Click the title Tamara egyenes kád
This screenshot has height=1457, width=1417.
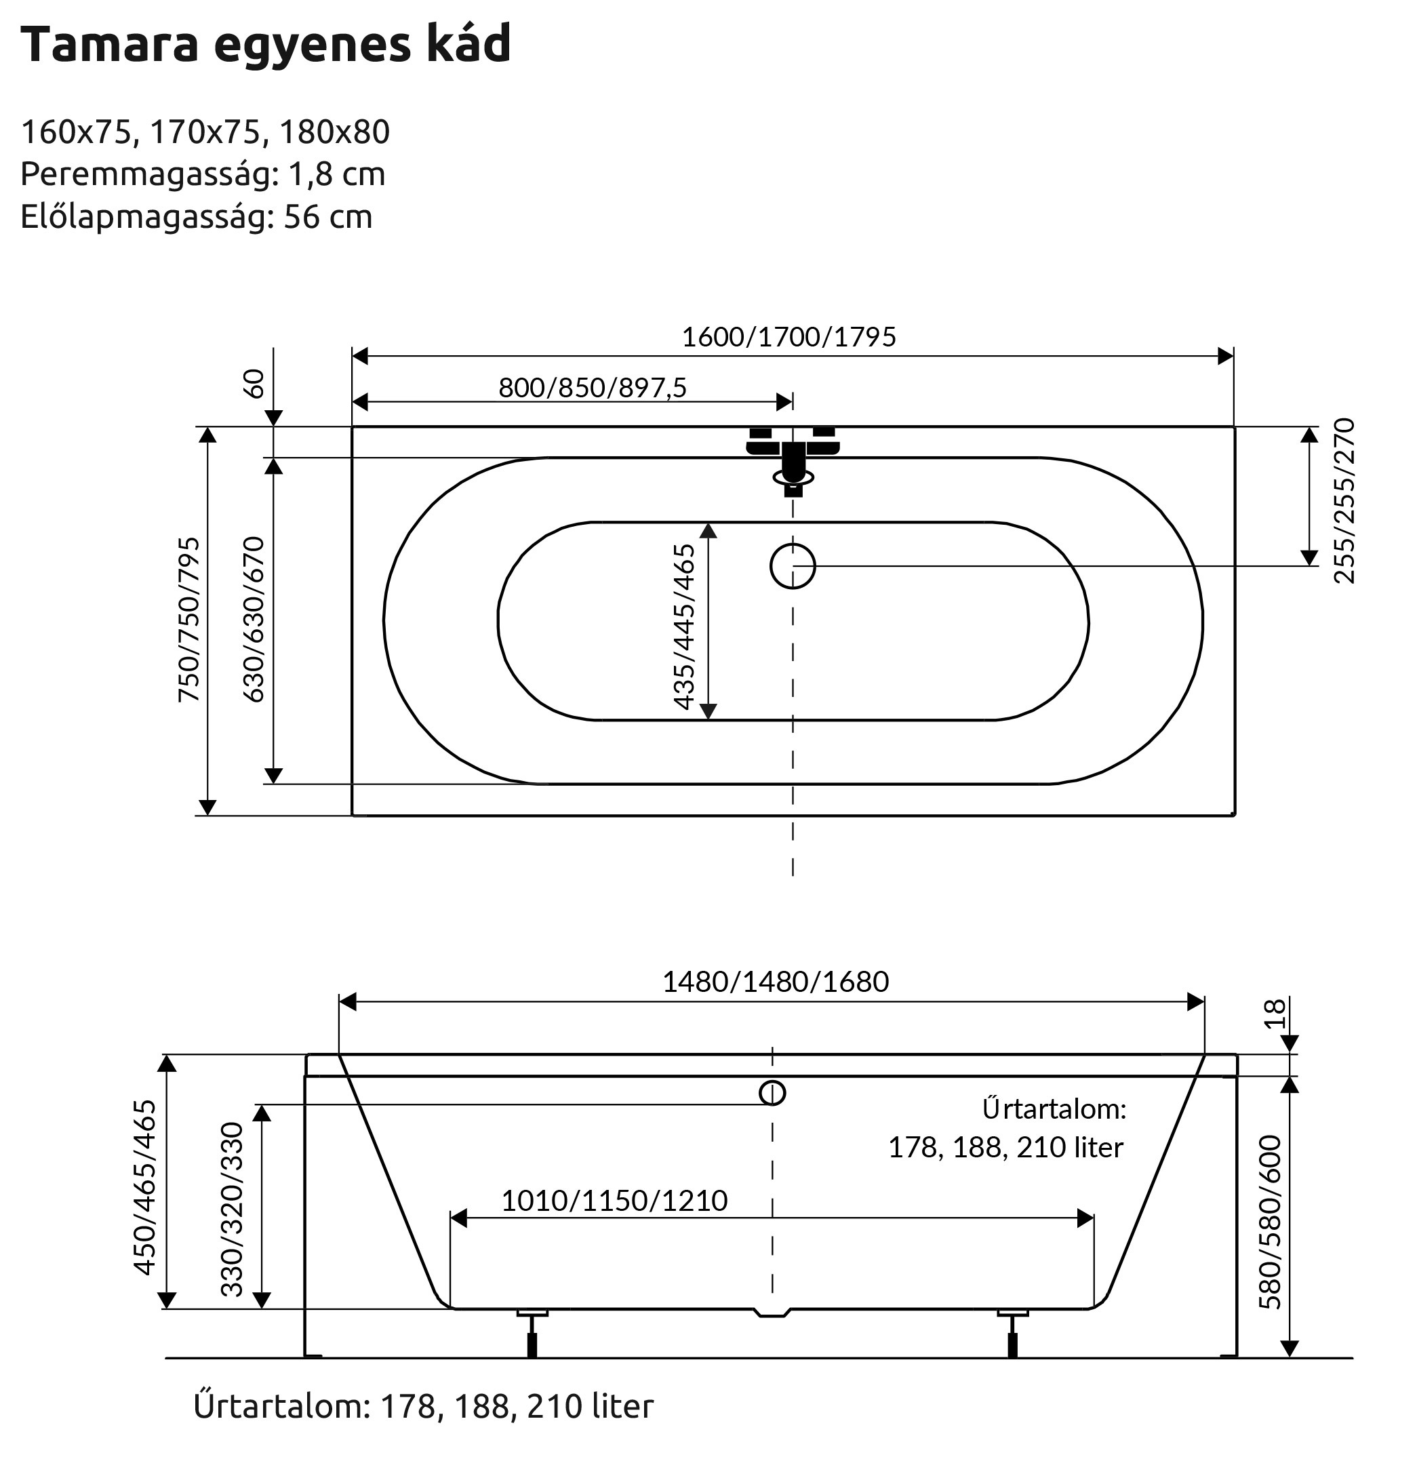[266, 44]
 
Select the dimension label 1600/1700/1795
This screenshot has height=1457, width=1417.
[789, 337]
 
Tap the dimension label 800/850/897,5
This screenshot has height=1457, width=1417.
[593, 388]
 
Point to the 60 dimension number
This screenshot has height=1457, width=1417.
[254, 384]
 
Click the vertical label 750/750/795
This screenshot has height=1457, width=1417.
[189, 619]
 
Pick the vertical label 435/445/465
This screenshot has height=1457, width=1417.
[683, 626]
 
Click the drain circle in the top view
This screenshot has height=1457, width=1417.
[793, 566]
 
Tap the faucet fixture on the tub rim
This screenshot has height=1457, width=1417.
[793, 458]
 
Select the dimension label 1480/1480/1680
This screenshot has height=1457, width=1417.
[776, 982]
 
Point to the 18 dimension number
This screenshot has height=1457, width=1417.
[1275, 1014]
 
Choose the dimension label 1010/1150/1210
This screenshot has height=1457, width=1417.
[614, 1201]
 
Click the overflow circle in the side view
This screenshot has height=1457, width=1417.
[772, 1093]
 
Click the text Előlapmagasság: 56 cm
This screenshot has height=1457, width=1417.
[197, 216]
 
